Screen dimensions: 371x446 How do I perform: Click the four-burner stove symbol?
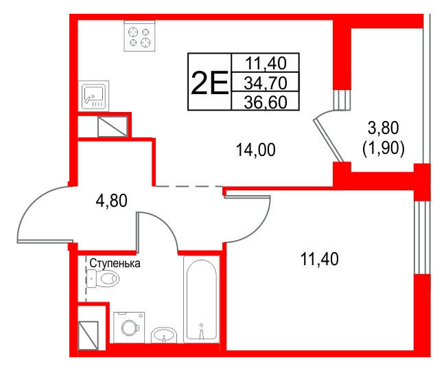pyautogui.click(x=140, y=36)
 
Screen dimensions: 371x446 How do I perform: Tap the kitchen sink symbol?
pyautogui.click(x=94, y=96)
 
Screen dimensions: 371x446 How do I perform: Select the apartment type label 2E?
pyautogui.click(x=209, y=83)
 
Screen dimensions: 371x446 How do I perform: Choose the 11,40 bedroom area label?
pyautogui.click(x=320, y=259)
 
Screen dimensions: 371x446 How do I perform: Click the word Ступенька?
pyautogui.click(x=115, y=263)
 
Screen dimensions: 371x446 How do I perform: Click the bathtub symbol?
pyautogui.click(x=201, y=299)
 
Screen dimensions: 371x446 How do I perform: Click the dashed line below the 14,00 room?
pyautogui.click(x=187, y=186)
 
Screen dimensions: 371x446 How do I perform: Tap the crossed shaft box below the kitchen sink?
pyautogui.click(x=111, y=126)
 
